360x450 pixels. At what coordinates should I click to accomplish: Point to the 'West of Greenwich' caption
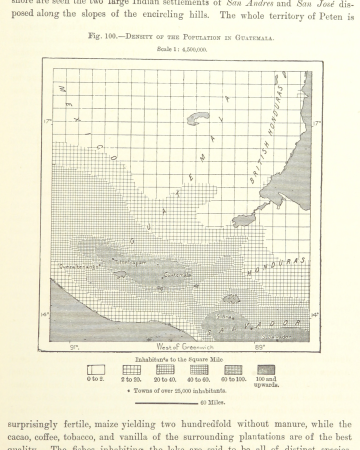177,343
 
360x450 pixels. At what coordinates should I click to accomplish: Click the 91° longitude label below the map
74,349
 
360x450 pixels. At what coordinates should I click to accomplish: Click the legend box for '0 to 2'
96,369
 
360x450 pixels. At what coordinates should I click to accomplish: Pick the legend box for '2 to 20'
131,369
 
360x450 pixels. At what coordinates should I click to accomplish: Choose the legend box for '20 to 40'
165,369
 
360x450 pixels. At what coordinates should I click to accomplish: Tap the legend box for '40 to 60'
199,369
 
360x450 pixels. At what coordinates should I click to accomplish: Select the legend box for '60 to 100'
233,369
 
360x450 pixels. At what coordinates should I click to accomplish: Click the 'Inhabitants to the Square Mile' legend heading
179,357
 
